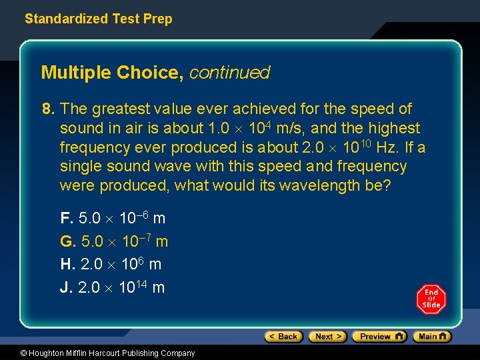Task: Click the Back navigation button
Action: coord(283,337)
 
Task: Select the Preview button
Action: coord(379,337)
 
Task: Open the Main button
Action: coord(432,337)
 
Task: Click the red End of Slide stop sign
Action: coord(431,299)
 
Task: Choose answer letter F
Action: coord(66,218)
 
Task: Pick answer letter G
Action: coord(67,241)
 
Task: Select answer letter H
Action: coord(67,264)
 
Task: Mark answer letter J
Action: coord(65,287)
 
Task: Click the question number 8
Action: coord(47,109)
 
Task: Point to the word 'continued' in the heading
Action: coord(229,73)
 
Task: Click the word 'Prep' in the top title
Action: coord(158,19)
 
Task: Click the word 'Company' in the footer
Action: coord(177,353)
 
